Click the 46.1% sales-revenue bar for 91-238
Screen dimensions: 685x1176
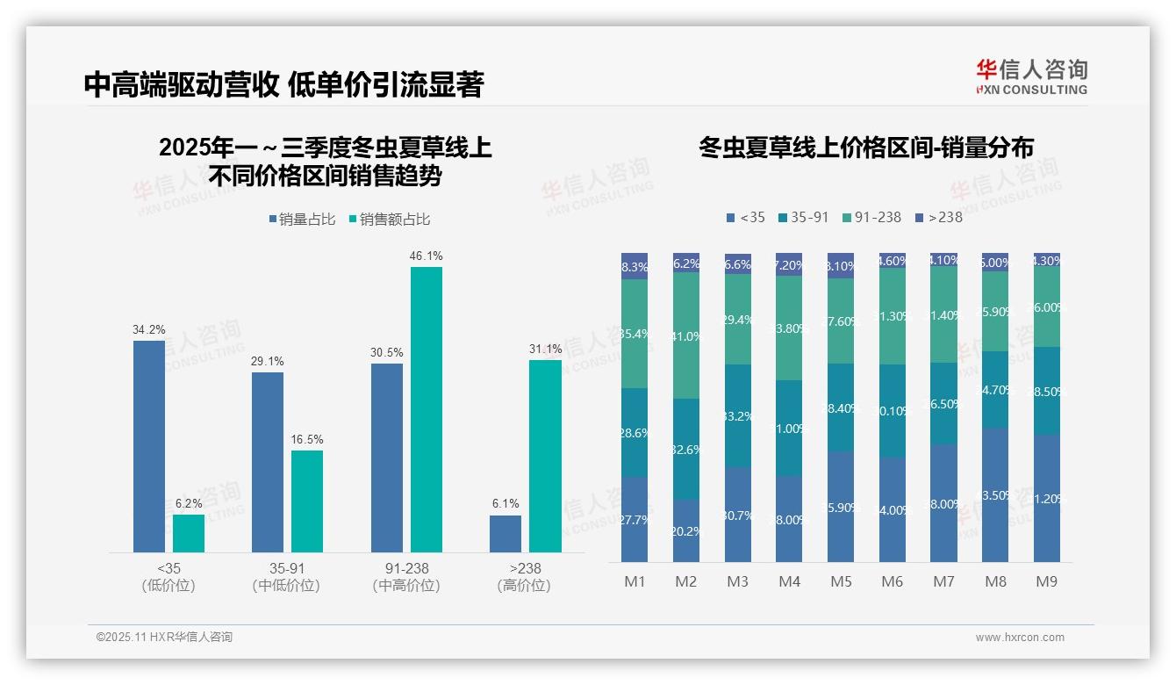(427, 409)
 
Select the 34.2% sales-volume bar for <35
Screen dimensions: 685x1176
(149, 446)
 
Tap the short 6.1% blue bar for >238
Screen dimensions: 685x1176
(506, 534)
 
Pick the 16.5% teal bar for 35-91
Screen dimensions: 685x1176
(307, 501)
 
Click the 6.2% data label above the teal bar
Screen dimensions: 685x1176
(188, 504)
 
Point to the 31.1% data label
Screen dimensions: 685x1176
(545, 350)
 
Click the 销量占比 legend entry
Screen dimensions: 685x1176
(301, 220)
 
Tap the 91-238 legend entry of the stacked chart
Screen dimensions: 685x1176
(871, 217)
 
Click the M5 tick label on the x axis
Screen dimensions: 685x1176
(841, 581)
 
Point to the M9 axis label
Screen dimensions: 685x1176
(1047, 581)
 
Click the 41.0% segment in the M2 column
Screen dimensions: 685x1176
(686, 335)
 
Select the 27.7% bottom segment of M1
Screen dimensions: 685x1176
(635, 520)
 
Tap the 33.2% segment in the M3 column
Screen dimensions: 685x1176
(738, 415)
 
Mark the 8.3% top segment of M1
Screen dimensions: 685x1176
(635, 267)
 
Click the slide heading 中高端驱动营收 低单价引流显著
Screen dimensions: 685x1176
(283, 85)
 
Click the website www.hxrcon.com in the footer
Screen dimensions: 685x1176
(1020, 638)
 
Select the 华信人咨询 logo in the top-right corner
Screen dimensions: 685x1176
(1031, 76)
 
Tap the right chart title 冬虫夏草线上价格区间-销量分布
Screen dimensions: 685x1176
(865, 148)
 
